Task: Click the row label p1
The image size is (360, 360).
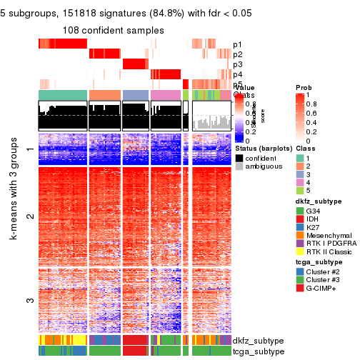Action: point(237,44)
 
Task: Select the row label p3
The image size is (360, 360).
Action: point(237,64)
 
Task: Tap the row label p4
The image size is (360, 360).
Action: point(237,74)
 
